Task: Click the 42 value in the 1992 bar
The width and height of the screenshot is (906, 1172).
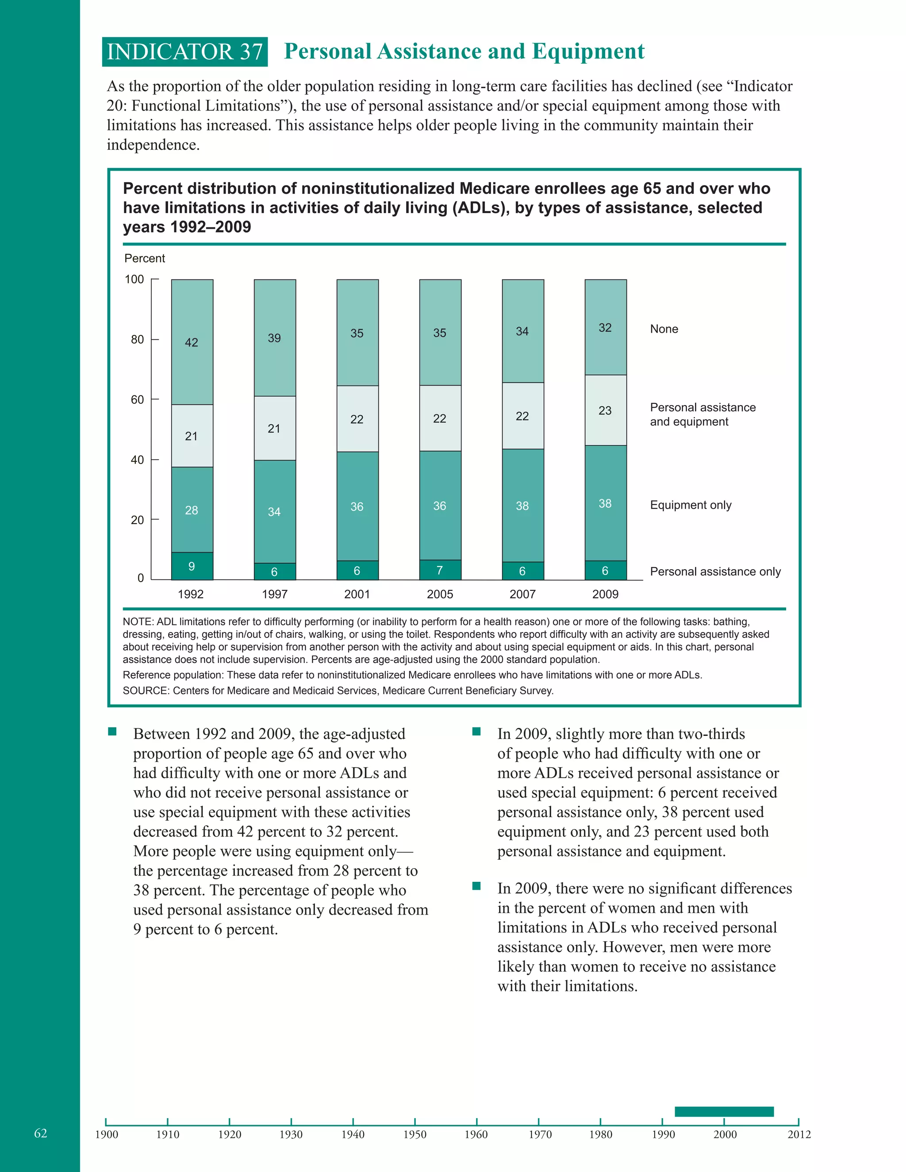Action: (x=192, y=342)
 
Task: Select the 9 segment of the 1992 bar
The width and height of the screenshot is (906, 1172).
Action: (x=192, y=566)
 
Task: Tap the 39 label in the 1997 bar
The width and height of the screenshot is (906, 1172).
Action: (x=274, y=338)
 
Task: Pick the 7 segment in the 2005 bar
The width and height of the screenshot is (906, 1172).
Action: (x=440, y=570)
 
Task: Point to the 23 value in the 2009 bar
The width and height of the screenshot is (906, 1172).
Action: (x=605, y=410)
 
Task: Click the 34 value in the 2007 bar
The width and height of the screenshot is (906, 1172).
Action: (x=522, y=331)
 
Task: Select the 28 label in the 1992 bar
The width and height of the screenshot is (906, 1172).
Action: (x=192, y=510)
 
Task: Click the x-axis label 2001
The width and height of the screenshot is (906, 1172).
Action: (x=357, y=594)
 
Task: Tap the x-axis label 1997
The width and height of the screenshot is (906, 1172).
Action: (x=274, y=594)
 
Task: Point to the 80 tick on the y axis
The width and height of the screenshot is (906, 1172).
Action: (x=138, y=339)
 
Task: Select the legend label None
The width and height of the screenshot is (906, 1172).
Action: (x=664, y=329)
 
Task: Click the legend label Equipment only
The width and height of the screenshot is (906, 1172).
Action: (x=691, y=505)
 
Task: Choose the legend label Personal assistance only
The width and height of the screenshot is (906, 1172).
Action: (x=715, y=571)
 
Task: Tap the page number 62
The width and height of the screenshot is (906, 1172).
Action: (x=41, y=1133)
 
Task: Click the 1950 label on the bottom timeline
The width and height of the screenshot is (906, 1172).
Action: (x=415, y=1134)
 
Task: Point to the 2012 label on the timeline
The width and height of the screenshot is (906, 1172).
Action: (x=799, y=1134)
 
